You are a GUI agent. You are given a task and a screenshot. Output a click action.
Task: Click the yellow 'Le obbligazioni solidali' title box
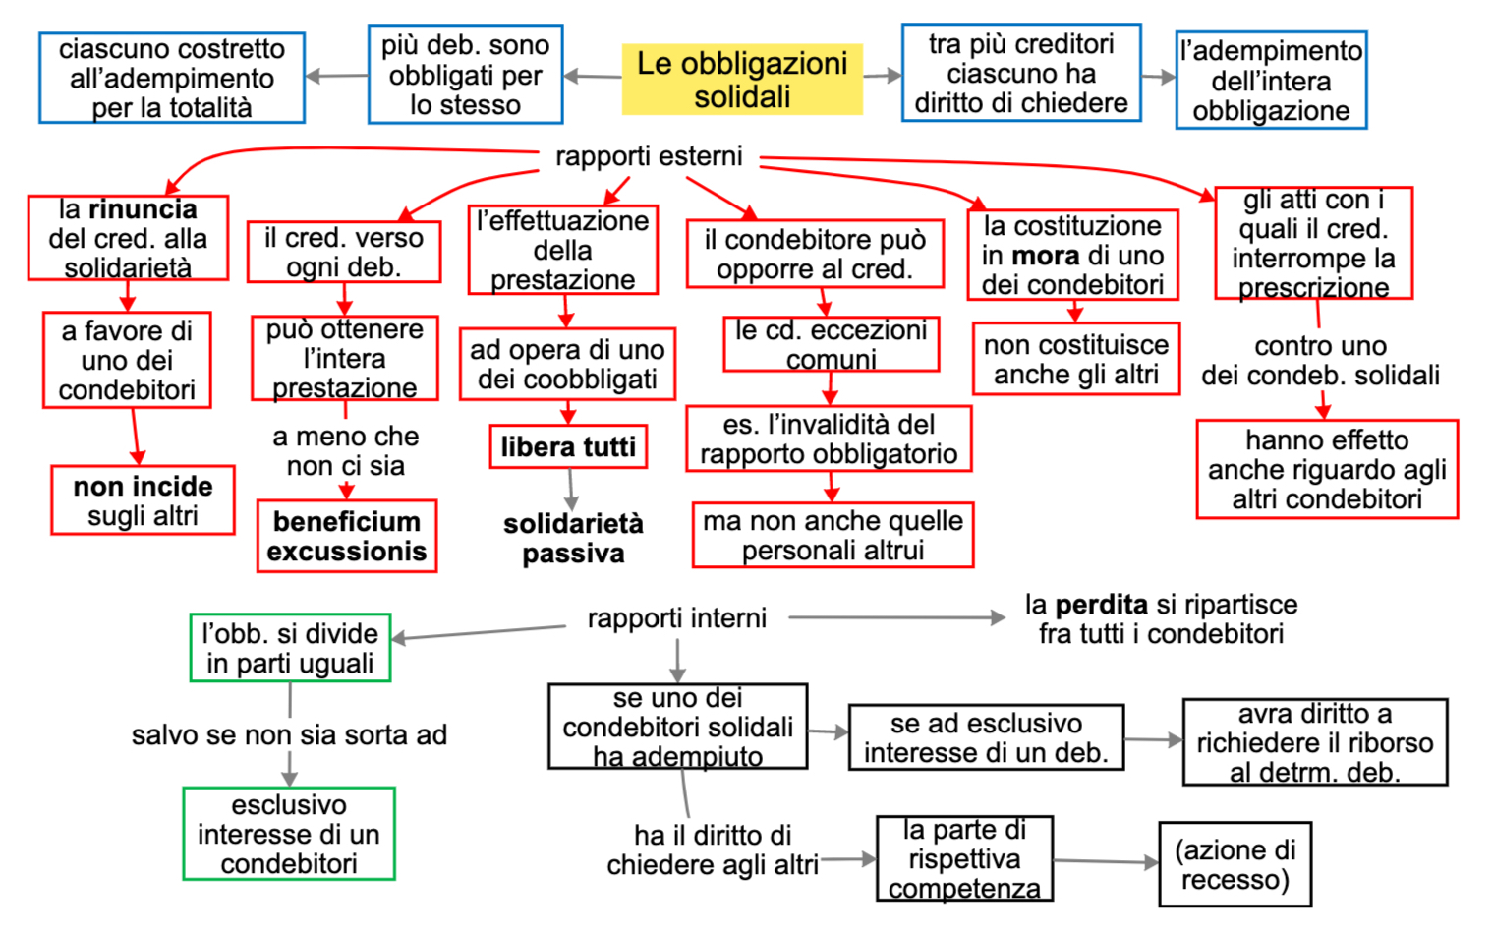(x=742, y=80)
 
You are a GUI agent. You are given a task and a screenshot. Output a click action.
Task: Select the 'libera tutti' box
(x=568, y=447)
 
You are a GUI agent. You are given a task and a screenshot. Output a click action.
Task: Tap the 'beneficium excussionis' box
(x=347, y=536)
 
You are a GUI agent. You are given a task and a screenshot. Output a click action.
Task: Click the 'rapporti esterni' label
(x=649, y=156)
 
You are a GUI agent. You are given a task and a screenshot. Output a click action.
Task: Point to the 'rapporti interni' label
(x=676, y=618)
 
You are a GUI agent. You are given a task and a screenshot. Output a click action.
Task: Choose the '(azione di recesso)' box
(x=1235, y=864)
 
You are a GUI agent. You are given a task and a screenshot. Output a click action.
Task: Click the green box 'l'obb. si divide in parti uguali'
(x=290, y=648)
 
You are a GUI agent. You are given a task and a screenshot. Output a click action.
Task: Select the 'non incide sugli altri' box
(x=143, y=500)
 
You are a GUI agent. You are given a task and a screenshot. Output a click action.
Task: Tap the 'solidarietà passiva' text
(x=573, y=538)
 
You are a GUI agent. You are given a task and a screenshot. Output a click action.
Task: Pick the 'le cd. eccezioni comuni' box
(x=831, y=344)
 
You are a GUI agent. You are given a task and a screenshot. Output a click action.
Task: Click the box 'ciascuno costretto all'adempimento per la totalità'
(x=172, y=78)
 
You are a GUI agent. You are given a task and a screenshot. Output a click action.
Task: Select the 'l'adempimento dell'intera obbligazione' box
(x=1271, y=81)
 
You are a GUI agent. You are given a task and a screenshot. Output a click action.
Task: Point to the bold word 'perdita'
(x=1102, y=604)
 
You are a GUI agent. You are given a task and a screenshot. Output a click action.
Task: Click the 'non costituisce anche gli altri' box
(x=1076, y=359)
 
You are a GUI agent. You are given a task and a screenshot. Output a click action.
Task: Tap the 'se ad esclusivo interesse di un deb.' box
(x=986, y=737)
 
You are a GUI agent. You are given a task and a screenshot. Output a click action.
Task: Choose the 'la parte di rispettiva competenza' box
(x=964, y=858)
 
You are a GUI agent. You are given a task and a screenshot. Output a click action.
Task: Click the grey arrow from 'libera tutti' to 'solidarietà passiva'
(x=570, y=489)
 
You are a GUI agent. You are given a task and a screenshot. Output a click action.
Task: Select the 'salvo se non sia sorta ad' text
(x=289, y=734)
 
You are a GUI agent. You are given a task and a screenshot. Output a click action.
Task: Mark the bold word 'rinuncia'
(x=143, y=209)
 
